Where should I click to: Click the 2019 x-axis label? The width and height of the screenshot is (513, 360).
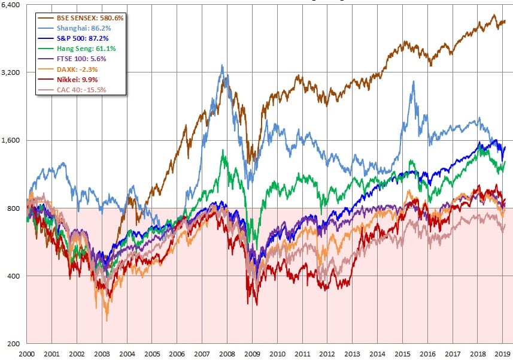(502, 354)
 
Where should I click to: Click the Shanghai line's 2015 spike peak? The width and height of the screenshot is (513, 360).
(413, 81)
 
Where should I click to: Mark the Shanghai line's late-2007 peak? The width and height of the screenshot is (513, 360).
(222, 65)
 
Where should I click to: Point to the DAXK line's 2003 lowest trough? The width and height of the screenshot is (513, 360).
(107, 320)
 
